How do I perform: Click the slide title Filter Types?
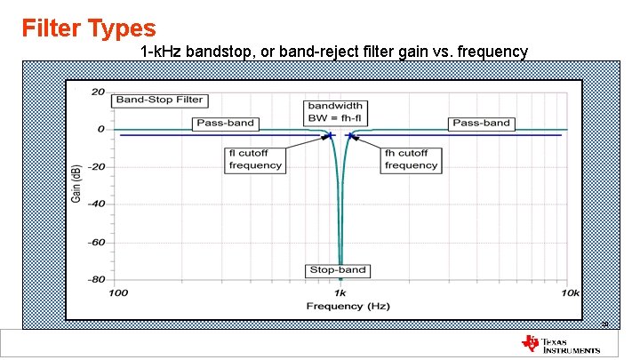click(x=89, y=28)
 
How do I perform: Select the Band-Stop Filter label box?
click(x=159, y=100)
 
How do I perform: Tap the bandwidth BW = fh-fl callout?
click(x=335, y=111)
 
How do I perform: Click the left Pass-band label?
click(x=225, y=123)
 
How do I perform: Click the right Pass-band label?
click(x=481, y=123)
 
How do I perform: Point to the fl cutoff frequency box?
click(x=255, y=159)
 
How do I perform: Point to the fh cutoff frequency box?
click(x=411, y=159)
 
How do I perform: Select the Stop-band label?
click(x=337, y=269)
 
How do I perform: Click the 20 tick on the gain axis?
click(x=98, y=92)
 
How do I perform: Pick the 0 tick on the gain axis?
click(x=100, y=129)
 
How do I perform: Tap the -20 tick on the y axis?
click(x=95, y=167)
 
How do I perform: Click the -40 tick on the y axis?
click(x=95, y=204)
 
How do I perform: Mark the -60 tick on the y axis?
click(x=95, y=242)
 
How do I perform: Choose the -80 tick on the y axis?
click(x=95, y=279)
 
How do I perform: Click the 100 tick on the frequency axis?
click(x=117, y=292)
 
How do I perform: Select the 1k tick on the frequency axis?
click(x=340, y=292)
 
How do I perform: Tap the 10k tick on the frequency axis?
click(x=569, y=292)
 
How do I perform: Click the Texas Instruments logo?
click(x=561, y=345)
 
